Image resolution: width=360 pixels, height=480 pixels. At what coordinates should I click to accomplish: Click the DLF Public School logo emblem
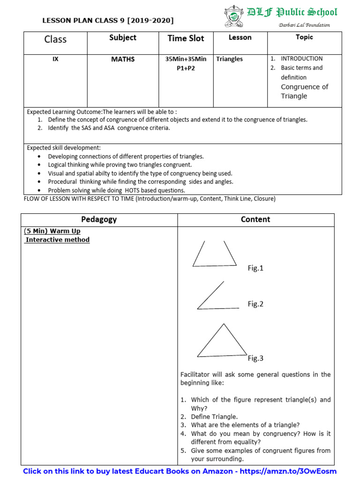[233, 15]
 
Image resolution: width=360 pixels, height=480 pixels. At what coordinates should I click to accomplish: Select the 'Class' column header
[55, 39]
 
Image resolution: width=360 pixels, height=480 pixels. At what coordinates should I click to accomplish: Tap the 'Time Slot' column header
[186, 38]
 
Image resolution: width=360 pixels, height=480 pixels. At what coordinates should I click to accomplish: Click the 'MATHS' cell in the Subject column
[123, 59]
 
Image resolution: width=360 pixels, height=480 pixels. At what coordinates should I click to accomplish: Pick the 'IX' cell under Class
[55, 59]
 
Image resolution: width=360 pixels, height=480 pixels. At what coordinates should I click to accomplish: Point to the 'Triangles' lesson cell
[230, 59]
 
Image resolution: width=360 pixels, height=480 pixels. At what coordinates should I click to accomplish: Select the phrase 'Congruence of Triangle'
[304, 91]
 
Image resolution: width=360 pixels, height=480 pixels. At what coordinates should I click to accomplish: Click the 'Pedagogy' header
[99, 219]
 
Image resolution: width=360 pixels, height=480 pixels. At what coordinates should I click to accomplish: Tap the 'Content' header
[255, 219]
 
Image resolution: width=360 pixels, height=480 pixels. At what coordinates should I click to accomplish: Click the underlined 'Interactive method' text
[57, 240]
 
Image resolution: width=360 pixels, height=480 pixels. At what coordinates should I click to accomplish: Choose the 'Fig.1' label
[255, 268]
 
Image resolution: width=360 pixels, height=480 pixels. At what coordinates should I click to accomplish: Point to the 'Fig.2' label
[255, 304]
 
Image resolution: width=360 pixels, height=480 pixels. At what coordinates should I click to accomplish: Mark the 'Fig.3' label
[255, 358]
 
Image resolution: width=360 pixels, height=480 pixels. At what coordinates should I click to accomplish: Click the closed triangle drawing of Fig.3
[222, 342]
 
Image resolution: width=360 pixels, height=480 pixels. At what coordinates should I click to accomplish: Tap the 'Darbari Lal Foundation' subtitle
[305, 25]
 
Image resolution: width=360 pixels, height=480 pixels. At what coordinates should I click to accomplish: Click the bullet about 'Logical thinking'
[120, 165]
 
